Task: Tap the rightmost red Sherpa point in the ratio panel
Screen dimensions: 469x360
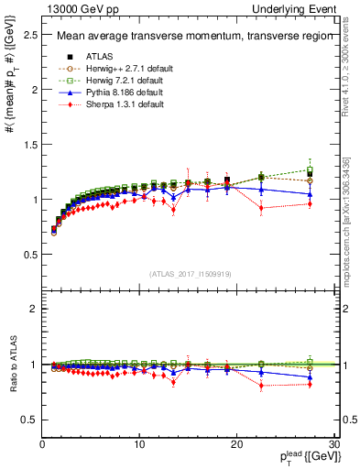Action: point(310,385)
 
